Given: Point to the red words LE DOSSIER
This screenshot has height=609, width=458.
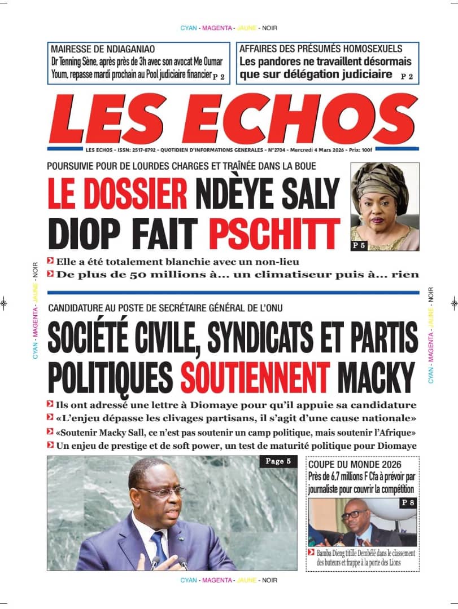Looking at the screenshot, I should (117, 194).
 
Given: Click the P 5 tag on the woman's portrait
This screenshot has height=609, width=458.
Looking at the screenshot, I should (360, 245).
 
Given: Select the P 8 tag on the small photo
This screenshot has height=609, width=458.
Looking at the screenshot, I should (407, 502).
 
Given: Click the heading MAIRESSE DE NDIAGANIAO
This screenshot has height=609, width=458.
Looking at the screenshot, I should (103, 49).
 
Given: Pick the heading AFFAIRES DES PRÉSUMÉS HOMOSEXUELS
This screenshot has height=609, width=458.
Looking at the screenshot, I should (321, 49).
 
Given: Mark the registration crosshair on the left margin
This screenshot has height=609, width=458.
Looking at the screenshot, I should (4, 303).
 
